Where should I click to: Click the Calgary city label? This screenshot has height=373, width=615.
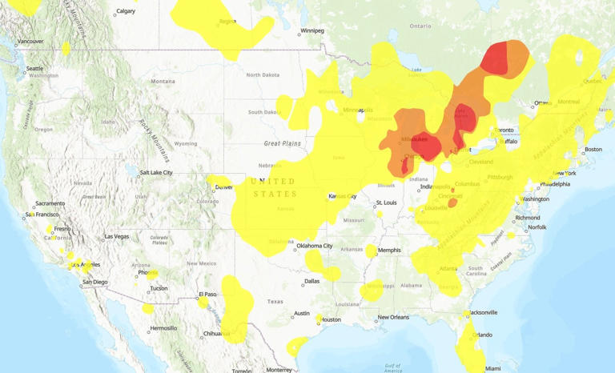click(126, 12)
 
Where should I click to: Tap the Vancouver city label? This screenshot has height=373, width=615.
click(30, 41)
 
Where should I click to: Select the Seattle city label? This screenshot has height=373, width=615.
click(34, 69)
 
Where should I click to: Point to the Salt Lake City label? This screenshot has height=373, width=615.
click(156, 172)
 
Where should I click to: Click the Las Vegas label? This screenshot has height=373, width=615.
click(116, 236)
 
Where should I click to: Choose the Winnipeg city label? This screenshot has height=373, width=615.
click(312, 31)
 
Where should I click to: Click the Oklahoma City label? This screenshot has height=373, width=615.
click(314, 246)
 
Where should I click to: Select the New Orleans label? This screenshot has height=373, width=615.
click(393, 317)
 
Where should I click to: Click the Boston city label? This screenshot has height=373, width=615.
click(593, 150)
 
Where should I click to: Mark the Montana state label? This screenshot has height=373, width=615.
click(163, 82)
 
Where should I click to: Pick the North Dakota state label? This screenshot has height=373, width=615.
click(263, 75)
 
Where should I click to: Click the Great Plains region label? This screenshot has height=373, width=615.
click(283, 143)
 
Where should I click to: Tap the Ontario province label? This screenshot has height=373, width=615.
click(419, 26)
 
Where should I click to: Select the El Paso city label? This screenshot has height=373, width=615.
click(208, 294)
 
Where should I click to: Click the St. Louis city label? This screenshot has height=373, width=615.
click(387, 203)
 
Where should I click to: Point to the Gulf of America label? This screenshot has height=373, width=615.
click(392, 367)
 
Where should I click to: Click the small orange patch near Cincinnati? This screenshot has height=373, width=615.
click(452, 203)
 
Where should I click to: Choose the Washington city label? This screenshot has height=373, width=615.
click(534, 199)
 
